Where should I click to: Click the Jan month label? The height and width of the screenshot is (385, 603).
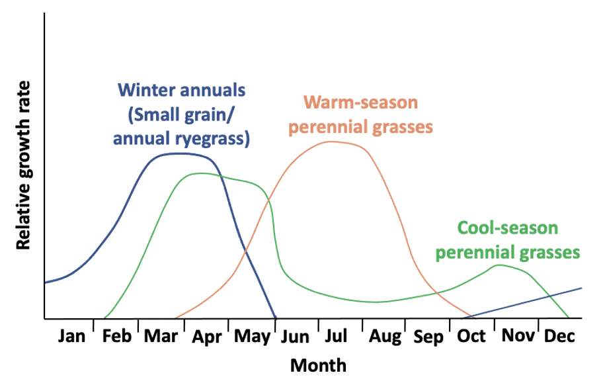coord(71,337)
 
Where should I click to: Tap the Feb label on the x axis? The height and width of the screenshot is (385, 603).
coord(117,337)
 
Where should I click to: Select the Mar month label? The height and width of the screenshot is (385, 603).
coord(161,337)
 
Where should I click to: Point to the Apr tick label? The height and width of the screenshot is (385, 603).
coord(206,337)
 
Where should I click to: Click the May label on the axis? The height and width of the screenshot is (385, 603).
coord(253,337)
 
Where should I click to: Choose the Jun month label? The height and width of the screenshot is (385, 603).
coord(295,337)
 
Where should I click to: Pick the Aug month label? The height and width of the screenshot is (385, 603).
coord(385,337)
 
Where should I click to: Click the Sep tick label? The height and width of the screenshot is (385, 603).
coord(428,337)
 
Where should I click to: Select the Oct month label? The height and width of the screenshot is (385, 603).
coord(471,337)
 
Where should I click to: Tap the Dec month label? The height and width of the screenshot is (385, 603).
coord(559,337)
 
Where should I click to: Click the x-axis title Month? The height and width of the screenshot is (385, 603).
coord(319,364)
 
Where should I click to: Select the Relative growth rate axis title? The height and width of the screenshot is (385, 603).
coord(24,165)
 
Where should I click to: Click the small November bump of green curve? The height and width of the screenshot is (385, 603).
coord(499,265)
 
